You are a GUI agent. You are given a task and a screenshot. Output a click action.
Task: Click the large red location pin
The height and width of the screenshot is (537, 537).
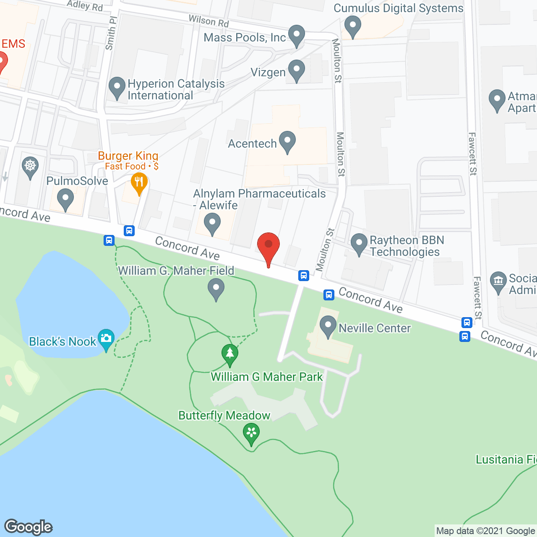pyautogui.click(x=268, y=245)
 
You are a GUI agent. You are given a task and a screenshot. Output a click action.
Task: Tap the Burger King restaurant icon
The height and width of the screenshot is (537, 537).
pyautogui.click(x=139, y=183)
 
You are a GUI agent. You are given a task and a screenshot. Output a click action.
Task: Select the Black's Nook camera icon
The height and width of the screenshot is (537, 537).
pyautogui.click(x=106, y=338)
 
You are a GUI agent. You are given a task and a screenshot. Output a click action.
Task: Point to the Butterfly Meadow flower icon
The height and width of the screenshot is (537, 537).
pyautogui.click(x=251, y=433)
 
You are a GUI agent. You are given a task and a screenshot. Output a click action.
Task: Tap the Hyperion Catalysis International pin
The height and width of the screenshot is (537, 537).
pyautogui.click(x=117, y=87)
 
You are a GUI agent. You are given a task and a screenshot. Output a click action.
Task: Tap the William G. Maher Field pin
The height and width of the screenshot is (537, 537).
pyautogui.click(x=216, y=289)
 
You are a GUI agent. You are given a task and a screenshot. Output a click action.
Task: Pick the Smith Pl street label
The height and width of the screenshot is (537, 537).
pyautogui.click(x=111, y=33)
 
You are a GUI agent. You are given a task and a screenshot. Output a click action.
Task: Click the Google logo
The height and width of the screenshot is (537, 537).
pyautogui.click(x=29, y=527)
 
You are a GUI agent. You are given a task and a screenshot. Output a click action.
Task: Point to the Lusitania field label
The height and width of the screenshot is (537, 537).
pyautogui.click(x=506, y=460)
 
